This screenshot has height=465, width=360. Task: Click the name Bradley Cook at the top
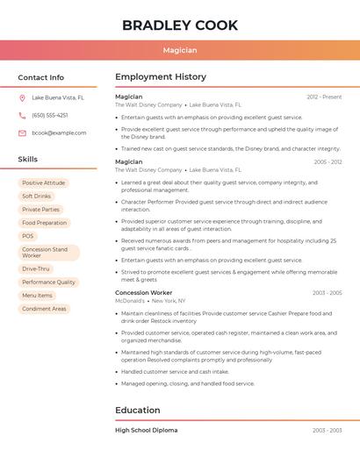tap(180, 25)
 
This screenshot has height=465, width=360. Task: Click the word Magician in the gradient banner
tap(180, 50)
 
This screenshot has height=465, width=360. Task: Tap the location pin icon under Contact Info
tap(22, 98)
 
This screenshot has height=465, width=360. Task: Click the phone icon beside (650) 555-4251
tap(22, 116)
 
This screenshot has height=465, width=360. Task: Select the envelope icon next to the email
tap(22, 133)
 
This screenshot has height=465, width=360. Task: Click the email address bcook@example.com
tap(59, 133)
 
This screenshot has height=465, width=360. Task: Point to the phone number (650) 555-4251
tap(50, 116)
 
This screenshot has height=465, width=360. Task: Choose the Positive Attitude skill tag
tap(44, 183)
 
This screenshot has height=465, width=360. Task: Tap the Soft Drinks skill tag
tap(37, 197)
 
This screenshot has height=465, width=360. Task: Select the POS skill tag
tap(28, 236)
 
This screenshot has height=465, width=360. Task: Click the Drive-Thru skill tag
tap(36, 269)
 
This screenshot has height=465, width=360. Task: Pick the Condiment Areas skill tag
tap(44, 309)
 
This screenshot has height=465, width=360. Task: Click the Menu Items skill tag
tap(37, 296)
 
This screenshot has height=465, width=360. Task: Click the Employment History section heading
tap(161, 77)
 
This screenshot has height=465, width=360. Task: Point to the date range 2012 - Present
tap(324, 97)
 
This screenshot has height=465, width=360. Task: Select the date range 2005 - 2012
tap(328, 162)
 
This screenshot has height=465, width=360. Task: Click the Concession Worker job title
tap(143, 293)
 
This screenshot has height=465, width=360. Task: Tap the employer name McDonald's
tap(130, 301)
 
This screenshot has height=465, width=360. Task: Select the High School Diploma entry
tap(146, 431)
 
